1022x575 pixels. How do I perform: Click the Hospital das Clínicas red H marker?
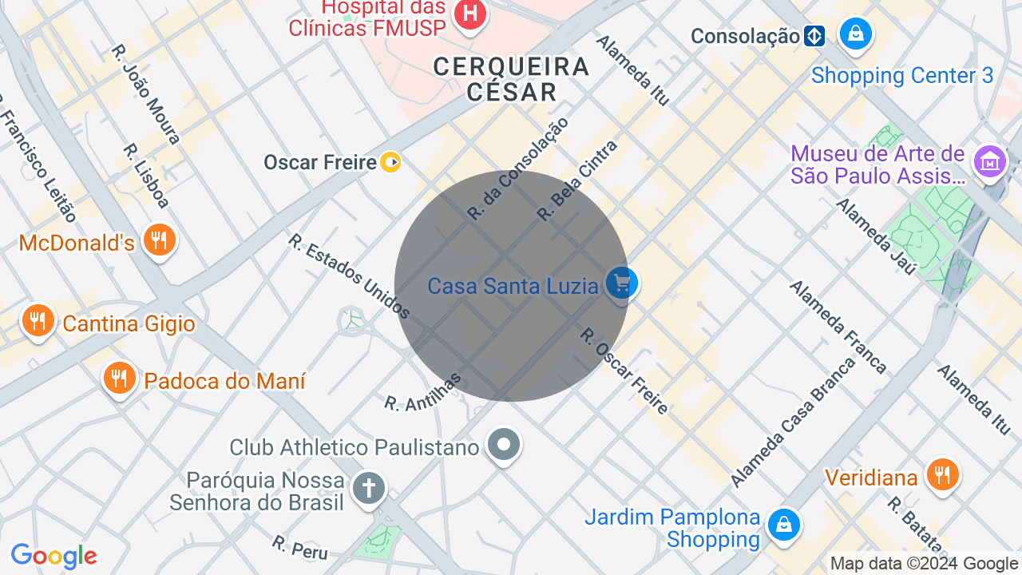[470, 14]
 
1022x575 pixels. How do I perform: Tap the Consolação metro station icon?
[814, 36]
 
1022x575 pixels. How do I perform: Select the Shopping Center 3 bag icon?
[855, 34]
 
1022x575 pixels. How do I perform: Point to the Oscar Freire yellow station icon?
[390, 163]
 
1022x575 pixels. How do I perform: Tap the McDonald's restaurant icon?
[159, 240]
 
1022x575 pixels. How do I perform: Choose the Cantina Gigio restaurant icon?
[38, 321]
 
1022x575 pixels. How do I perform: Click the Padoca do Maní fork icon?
[120, 378]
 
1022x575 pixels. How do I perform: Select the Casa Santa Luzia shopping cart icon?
[621, 283]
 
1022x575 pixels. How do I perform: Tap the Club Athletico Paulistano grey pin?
[504, 445]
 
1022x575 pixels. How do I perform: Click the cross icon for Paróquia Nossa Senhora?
[369, 488]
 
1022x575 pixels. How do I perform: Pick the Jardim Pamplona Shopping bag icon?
[784, 525]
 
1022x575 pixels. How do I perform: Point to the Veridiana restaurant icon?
[942, 475]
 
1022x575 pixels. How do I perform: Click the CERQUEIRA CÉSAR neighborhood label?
[511, 78]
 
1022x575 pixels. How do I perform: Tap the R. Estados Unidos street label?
[350, 276]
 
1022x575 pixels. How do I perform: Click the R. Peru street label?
[299, 548]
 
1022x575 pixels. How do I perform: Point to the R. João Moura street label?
[146, 94]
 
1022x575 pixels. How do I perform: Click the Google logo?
[53, 556]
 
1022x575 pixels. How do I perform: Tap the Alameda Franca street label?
[838, 327]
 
